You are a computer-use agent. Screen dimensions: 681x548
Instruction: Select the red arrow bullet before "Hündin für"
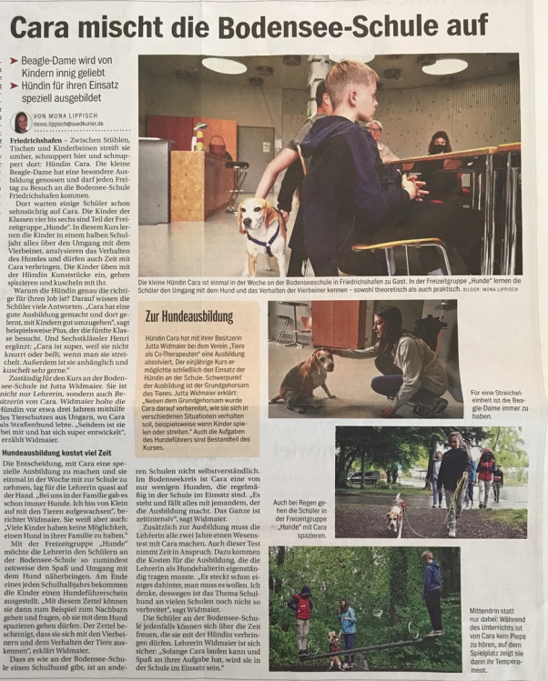click(x=13, y=87)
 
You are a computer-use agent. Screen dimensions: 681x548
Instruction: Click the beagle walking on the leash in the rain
click(x=394, y=516)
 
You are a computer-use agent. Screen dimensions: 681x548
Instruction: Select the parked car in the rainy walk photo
click(x=364, y=476)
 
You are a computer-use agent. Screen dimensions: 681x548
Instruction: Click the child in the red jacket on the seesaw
click(x=300, y=609)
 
